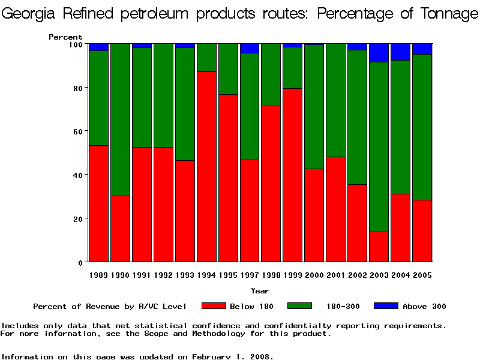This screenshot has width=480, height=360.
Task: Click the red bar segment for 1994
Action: (x=206, y=166)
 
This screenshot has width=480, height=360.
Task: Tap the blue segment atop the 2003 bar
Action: (x=379, y=53)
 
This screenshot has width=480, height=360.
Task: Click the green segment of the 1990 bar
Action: (x=120, y=119)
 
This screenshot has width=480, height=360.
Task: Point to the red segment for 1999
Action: (x=293, y=175)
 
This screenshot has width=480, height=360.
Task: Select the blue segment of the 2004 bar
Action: (x=401, y=52)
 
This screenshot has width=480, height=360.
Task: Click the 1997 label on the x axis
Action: (x=250, y=275)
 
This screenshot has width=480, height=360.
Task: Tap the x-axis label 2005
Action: (x=422, y=275)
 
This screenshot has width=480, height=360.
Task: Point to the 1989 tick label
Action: (x=98, y=275)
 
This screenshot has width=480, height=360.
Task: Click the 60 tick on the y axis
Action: (x=77, y=131)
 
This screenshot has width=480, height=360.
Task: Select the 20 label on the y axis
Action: (x=77, y=218)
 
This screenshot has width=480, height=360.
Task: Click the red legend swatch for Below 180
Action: (x=214, y=306)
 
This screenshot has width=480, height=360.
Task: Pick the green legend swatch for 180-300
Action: (x=300, y=306)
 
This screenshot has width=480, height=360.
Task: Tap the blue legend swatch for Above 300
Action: (x=386, y=306)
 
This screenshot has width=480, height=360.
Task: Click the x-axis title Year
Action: (x=260, y=291)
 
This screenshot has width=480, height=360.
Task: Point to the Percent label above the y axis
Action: (x=65, y=37)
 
